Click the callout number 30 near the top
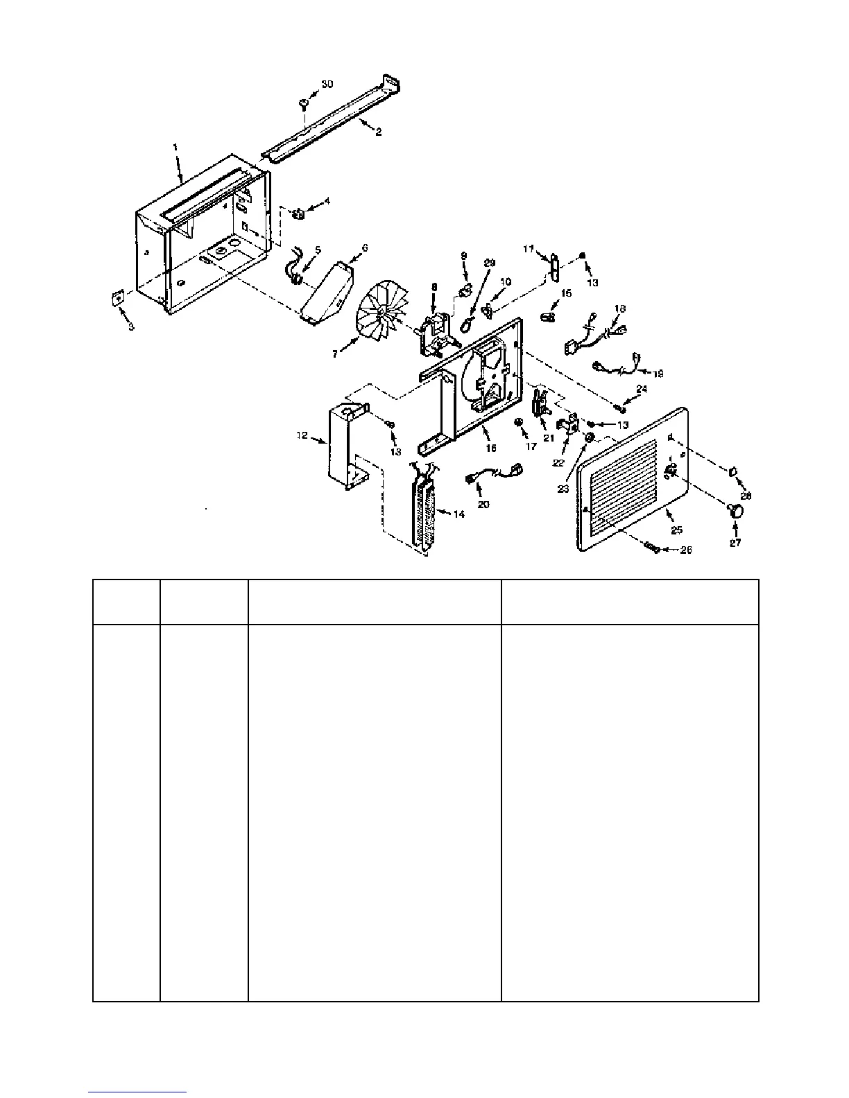pyautogui.click(x=327, y=84)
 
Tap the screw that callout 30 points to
pyautogui.click(x=304, y=104)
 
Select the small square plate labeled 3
pyautogui.click(x=117, y=297)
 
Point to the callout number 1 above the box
pyautogui.click(x=175, y=147)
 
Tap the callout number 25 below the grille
pyautogui.click(x=676, y=530)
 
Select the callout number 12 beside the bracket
pyautogui.click(x=302, y=436)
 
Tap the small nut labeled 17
pyautogui.click(x=517, y=421)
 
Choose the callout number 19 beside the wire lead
pyautogui.click(x=658, y=374)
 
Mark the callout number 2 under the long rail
pyautogui.click(x=379, y=132)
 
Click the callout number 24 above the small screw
pyautogui.click(x=642, y=390)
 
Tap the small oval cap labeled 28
pyautogui.click(x=732, y=472)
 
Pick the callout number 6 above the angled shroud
pyautogui.click(x=365, y=247)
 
